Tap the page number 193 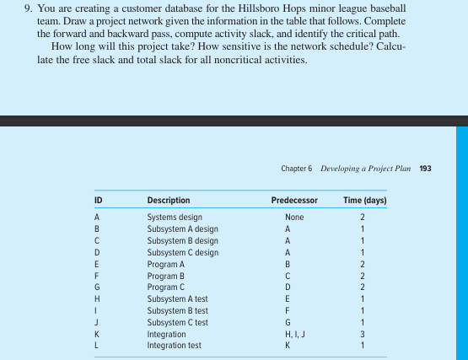point(425,169)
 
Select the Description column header point(168,201)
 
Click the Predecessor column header point(294,201)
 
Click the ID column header point(99,201)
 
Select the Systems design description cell point(174,217)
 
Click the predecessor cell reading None point(294,217)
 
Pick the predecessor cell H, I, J point(294,334)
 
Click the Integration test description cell point(175,346)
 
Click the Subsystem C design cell point(182,252)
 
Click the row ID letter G point(98,287)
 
